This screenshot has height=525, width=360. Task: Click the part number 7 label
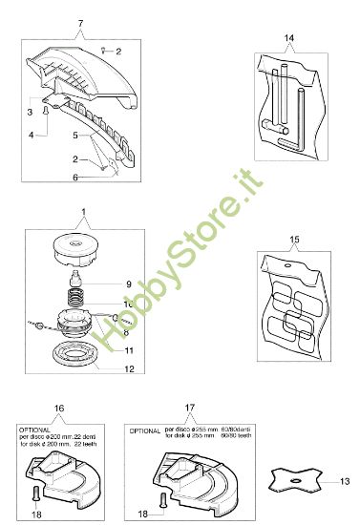pyautogui.click(x=81, y=21)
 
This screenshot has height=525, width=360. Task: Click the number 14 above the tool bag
pyautogui.click(x=288, y=39)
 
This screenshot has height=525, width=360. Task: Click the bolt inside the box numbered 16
pyautogui.click(x=37, y=493)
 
